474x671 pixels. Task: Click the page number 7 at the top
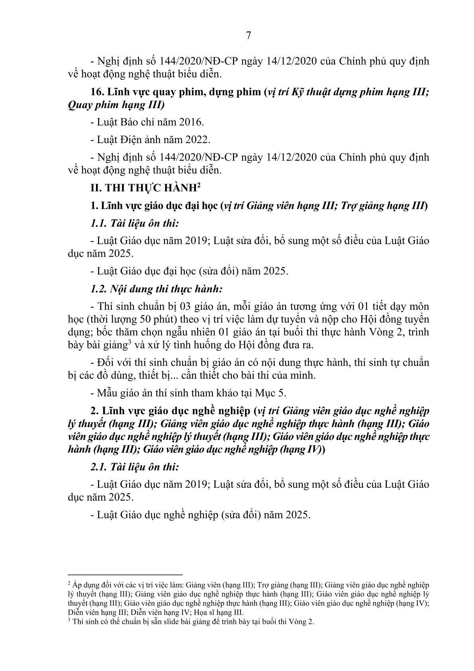point(249,36)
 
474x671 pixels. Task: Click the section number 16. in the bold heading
point(98,92)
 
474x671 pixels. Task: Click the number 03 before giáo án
point(166,307)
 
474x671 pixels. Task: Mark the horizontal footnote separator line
point(125,575)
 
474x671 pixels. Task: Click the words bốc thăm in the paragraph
point(119,332)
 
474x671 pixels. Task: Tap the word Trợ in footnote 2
point(263,585)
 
